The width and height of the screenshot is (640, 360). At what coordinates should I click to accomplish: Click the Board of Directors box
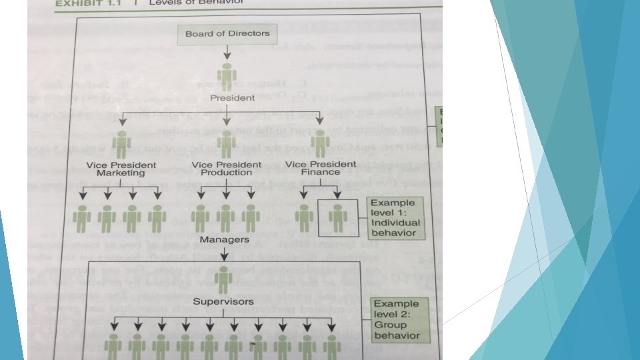tap(227, 33)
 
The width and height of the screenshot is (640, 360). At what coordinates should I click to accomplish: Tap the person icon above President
tap(227, 76)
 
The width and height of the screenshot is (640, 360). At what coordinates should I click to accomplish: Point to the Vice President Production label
tap(226, 169)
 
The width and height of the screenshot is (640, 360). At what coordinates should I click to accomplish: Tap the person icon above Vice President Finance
tap(321, 143)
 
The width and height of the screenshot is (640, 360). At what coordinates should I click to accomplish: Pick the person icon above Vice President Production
tap(227, 143)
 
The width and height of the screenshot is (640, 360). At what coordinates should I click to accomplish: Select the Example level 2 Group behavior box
tap(397, 319)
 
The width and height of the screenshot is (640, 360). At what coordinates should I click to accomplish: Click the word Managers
tap(225, 239)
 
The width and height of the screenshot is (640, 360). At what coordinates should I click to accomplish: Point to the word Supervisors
tap(224, 301)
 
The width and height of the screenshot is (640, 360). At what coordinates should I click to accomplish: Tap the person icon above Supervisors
tap(223, 279)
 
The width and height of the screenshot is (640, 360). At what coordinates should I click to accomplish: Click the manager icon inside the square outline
tap(337, 218)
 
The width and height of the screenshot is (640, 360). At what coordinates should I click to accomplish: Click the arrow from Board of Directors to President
tap(227, 52)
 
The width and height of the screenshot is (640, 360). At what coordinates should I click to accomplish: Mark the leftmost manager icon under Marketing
tap(82, 218)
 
